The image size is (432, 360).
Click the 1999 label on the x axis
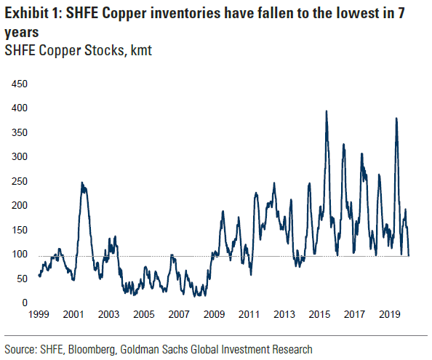(39, 315)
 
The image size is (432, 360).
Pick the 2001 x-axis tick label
(73, 315)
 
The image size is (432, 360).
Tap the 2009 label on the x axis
(213, 315)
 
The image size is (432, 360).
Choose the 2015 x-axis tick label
(319, 315)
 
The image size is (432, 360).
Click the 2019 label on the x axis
(390, 315)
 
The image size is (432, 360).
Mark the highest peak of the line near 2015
(326, 111)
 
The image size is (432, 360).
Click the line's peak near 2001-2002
(82, 183)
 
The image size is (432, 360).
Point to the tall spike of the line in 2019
(396, 118)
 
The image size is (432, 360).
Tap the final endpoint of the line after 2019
(409, 255)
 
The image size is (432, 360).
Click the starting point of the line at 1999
(39, 275)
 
